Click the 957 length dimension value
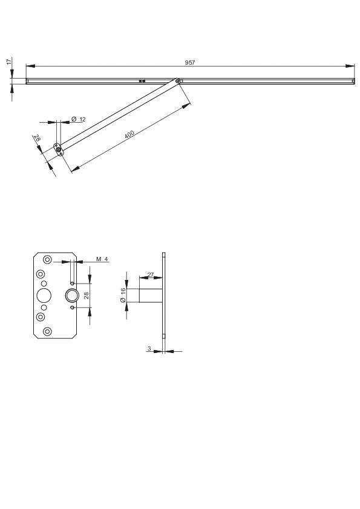coord(190,62)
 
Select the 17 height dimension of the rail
coord(8,62)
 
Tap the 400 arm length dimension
coord(129,134)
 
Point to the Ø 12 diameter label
coord(78,119)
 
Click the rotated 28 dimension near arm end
coord(37,139)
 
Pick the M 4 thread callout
coord(102,259)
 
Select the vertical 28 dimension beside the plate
coord(87,295)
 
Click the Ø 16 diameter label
coord(123,295)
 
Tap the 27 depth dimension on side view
coord(150,274)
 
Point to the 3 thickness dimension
coord(149,348)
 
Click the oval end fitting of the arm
coord(58,149)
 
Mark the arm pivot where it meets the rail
coord(178,80)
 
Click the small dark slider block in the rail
coord(142,80)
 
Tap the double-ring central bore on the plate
coord(72,295)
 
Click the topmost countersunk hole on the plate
coord(48,260)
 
